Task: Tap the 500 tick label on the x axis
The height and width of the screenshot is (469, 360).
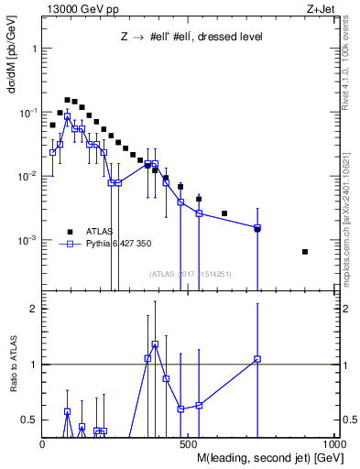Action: (189, 444)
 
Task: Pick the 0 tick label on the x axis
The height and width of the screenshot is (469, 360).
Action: (42, 444)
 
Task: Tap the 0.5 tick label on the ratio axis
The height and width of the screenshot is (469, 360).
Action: (29, 420)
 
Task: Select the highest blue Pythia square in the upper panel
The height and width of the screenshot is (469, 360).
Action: (67, 117)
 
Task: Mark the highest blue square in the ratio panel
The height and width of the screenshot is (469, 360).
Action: (155, 344)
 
